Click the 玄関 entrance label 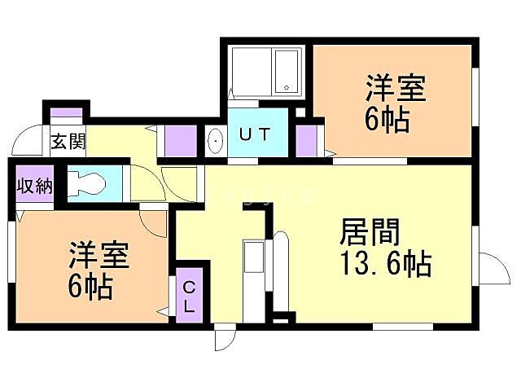pos(68,141)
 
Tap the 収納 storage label pos(34,186)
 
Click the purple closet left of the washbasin pos(180,141)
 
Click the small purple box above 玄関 pos(67,113)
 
